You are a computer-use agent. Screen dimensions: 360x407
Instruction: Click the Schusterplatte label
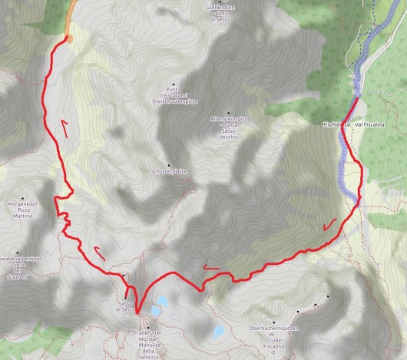click(x=170, y=171)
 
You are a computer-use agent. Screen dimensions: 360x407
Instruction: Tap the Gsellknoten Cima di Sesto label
click(x=230, y=13)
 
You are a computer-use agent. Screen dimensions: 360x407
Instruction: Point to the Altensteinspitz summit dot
click(x=228, y=112)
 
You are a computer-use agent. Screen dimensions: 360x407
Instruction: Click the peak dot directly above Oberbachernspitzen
click(x=273, y=322)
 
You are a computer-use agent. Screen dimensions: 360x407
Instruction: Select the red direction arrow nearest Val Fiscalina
click(x=331, y=224)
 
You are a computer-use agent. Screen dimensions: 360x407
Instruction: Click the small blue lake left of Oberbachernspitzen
click(x=217, y=332)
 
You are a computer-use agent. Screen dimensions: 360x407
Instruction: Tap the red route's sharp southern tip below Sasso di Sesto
click(x=138, y=312)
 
